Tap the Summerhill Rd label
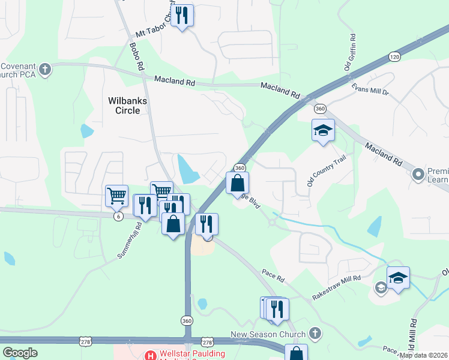tap(130, 241)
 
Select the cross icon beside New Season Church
tap(316, 334)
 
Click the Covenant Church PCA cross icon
tap(46, 70)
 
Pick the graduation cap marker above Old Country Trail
tap(323, 130)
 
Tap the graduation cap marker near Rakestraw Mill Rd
tap(398, 278)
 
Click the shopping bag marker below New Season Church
tap(297, 353)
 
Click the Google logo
tap(20, 353)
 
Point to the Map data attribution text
tap(424, 355)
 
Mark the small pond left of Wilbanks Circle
tap(87, 130)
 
